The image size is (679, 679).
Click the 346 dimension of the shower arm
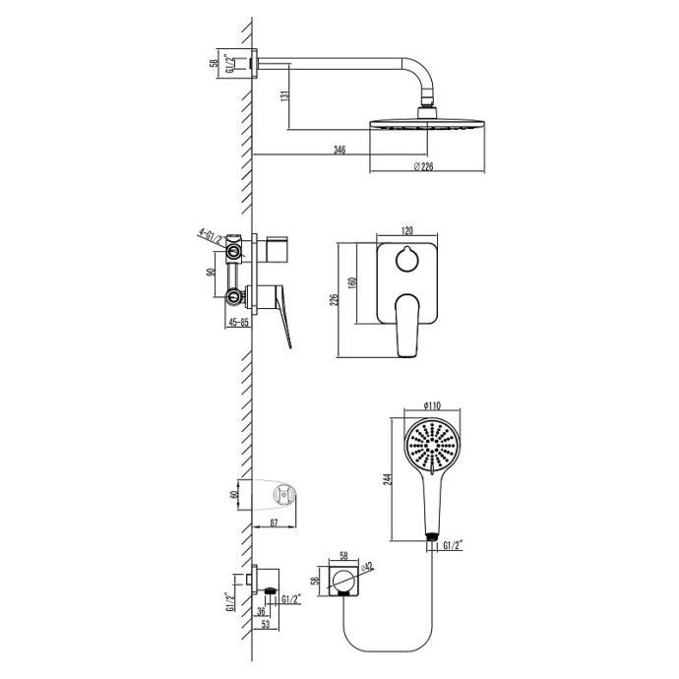(x=339, y=150)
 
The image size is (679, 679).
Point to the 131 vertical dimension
(x=282, y=96)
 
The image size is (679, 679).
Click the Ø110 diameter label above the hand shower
(x=431, y=405)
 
